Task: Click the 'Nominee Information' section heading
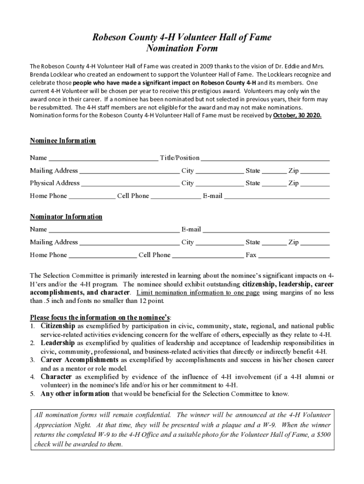point(63,141)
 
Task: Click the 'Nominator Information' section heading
point(66,217)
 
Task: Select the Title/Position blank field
point(265,158)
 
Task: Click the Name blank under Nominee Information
point(104,158)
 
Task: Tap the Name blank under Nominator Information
point(114,230)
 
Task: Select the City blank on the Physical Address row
point(219,184)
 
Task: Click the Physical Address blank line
point(130,184)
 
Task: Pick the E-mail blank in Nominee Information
point(277,197)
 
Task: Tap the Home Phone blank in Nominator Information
point(103,256)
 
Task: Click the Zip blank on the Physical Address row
point(315,184)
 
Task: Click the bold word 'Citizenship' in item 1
point(58,326)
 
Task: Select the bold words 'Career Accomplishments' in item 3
point(79,360)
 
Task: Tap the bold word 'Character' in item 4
point(56,377)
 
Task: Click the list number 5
point(32,394)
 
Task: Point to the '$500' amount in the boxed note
point(322,435)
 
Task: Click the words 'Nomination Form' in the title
point(182,48)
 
